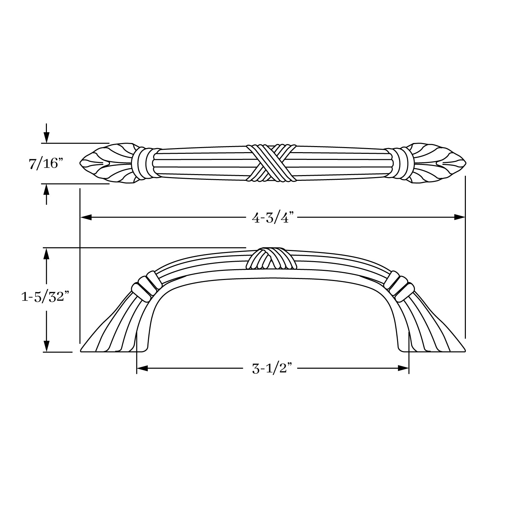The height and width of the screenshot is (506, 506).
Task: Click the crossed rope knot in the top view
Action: point(271,164)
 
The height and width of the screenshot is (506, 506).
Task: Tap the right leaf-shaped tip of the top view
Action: point(439,163)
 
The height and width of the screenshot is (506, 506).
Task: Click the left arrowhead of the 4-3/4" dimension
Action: point(86,218)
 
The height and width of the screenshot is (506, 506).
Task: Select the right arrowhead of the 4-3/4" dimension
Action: point(459,218)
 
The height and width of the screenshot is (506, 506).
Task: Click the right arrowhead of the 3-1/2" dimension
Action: point(403,369)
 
